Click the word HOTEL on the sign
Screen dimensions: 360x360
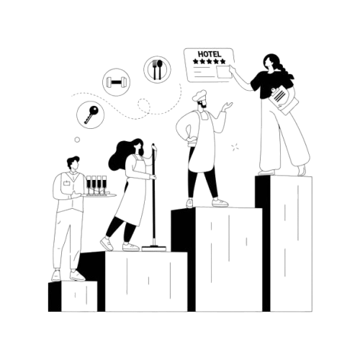210,54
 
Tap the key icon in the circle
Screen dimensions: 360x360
91,114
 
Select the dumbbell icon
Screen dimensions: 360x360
116,82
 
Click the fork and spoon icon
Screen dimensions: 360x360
158,70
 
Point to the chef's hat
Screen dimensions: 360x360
199,95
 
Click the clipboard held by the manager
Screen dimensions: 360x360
284,100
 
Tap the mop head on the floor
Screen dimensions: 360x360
153,248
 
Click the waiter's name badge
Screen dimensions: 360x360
66,184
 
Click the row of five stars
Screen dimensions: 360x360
210,61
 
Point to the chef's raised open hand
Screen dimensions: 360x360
227,106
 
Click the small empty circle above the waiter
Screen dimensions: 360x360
77,140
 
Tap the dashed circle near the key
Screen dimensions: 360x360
144,105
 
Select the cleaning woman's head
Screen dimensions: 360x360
138,147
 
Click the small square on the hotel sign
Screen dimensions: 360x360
224,72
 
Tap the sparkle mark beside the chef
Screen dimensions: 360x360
235,147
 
